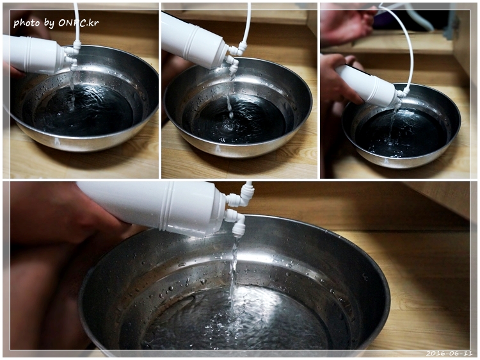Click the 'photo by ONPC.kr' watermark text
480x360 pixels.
56,22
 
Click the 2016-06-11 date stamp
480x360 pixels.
449,353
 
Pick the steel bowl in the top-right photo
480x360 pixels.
401,126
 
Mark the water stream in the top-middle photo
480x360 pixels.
230,95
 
